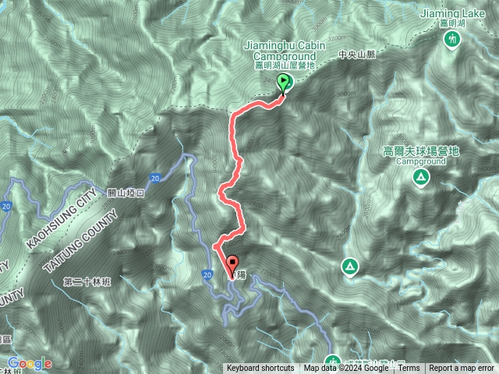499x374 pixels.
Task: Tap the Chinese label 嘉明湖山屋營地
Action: click(284, 67)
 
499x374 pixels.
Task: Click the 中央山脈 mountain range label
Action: click(358, 55)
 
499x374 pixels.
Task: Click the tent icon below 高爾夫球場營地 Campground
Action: click(420, 178)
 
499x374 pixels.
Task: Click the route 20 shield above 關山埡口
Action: click(156, 178)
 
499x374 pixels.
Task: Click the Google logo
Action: click(30, 363)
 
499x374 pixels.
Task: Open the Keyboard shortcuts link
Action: click(260, 369)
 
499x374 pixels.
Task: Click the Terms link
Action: click(409, 369)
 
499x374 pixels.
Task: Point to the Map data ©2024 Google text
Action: click(346, 369)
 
